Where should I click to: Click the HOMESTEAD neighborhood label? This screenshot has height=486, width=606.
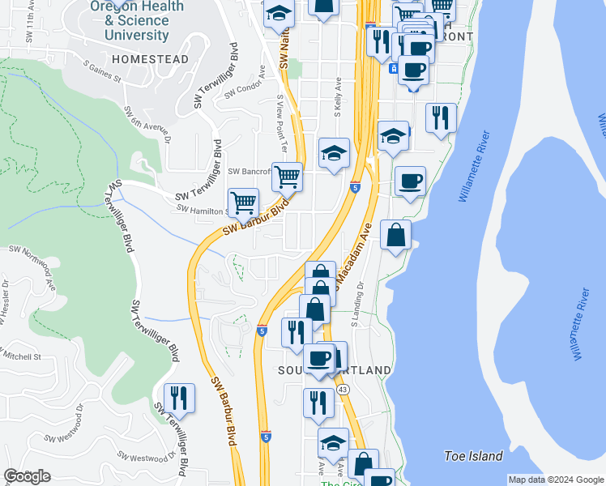coord(150,59)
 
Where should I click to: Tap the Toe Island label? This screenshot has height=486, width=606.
coord(474,456)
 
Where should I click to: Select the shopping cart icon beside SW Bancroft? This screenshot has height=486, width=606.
coord(287,176)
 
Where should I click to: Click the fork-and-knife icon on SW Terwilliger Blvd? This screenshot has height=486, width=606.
coord(179,398)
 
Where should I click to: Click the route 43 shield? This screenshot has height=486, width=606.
coord(344,390)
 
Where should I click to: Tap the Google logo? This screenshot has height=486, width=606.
coord(27,476)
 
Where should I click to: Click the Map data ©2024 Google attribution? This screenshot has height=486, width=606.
coord(555,480)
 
